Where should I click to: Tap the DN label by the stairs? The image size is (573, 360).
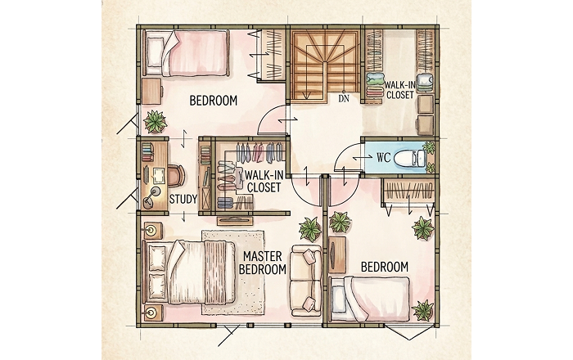[x=344, y=98]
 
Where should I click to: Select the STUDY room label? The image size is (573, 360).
[x=183, y=200]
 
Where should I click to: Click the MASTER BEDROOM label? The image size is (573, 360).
[x=262, y=263]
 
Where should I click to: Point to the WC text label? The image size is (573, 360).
[x=384, y=158]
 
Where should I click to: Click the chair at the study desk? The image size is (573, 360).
[x=178, y=175]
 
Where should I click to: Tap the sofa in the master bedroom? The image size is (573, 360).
[x=306, y=281]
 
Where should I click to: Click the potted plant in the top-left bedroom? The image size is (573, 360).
[x=156, y=122]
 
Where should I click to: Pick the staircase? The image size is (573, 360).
[x=325, y=65]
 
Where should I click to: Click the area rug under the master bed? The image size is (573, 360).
[x=233, y=272]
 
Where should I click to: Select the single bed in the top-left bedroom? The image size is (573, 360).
[x=187, y=53]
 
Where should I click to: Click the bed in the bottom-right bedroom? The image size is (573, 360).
[x=370, y=299]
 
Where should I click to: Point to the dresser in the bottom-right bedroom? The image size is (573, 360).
[x=337, y=254]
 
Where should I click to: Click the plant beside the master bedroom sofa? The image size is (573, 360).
[x=310, y=230]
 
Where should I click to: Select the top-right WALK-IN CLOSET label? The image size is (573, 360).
[x=399, y=90]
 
